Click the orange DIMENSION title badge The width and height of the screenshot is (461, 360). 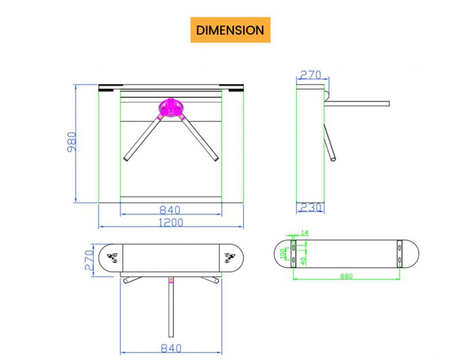(x=231, y=30)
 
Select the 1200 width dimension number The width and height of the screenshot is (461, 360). (x=171, y=222)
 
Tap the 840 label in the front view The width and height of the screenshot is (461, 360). (x=170, y=210)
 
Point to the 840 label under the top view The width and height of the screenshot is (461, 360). (x=171, y=348)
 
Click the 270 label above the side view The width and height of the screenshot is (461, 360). (x=311, y=75)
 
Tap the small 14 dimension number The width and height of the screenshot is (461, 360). (x=305, y=233)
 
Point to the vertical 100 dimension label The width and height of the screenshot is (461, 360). (x=283, y=254)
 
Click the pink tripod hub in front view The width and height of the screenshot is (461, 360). (x=171, y=107)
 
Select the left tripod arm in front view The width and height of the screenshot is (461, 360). (x=142, y=138)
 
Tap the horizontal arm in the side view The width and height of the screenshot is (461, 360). (x=357, y=104)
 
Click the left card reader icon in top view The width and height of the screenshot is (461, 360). (x=112, y=257)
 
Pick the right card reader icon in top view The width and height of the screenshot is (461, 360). (x=229, y=257)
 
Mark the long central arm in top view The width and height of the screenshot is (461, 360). (x=171, y=308)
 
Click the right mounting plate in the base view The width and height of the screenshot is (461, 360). (x=399, y=253)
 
